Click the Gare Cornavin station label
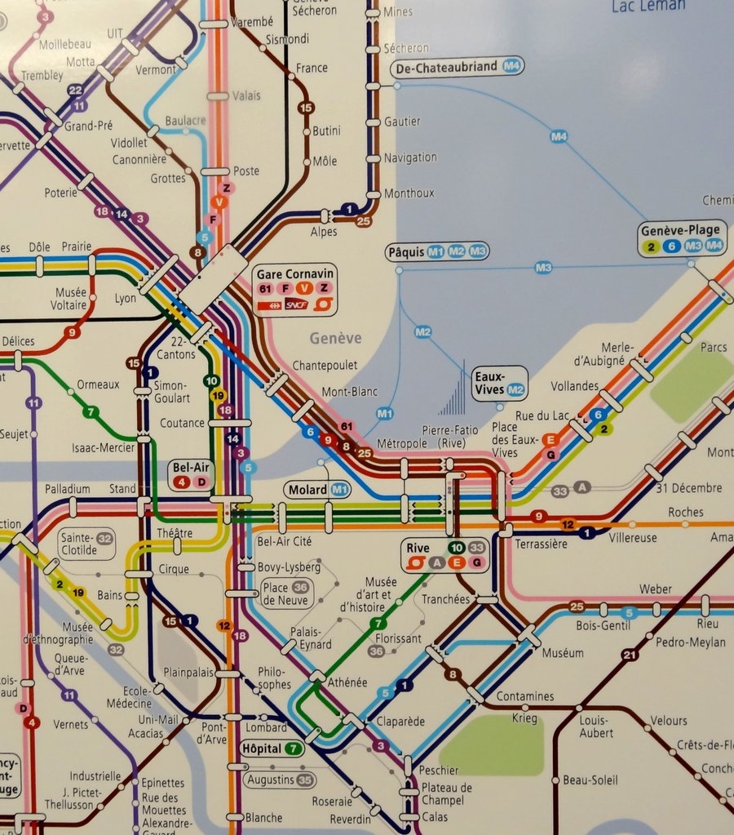click(294, 273)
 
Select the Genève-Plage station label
click(680, 230)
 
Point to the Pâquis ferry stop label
click(406, 251)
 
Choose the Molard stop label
click(307, 490)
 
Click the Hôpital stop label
click(262, 748)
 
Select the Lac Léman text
click(648, 6)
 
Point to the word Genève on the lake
click(335, 338)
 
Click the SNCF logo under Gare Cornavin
click(296, 305)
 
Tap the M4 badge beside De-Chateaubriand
click(512, 67)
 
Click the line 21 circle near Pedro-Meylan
click(630, 655)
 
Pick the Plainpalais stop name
click(188, 673)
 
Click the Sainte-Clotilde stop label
click(78, 544)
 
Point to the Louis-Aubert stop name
click(596, 726)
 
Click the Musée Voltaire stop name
click(70, 299)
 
